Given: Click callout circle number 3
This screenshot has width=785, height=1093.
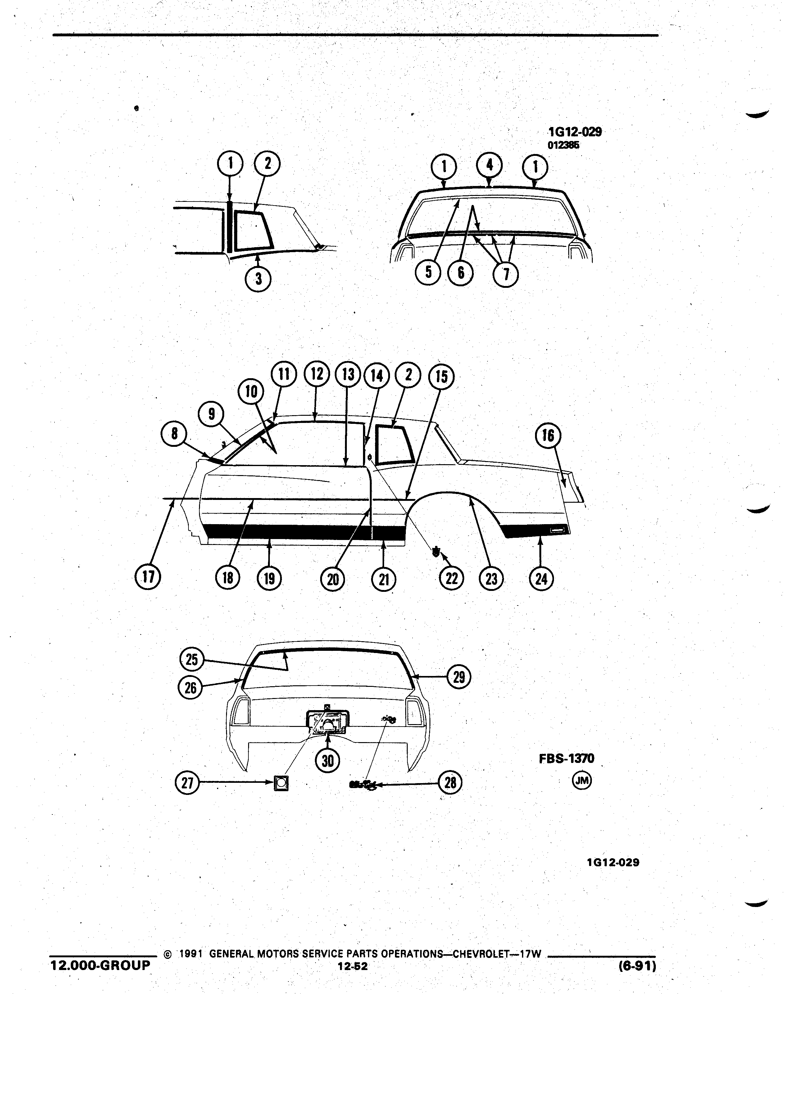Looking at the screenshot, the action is click(x=258, y=279).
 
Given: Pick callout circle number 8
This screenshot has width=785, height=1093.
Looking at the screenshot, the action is click(x=174, y=434).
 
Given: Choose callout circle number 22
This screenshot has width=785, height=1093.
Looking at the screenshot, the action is click(x=451, y=578).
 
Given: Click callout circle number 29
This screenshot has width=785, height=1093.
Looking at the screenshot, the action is click(x=459, y=678).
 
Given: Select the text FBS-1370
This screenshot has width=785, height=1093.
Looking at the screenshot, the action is click(x=566, y=759).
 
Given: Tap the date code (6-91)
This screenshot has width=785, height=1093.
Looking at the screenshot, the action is click(x=637, y=966).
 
